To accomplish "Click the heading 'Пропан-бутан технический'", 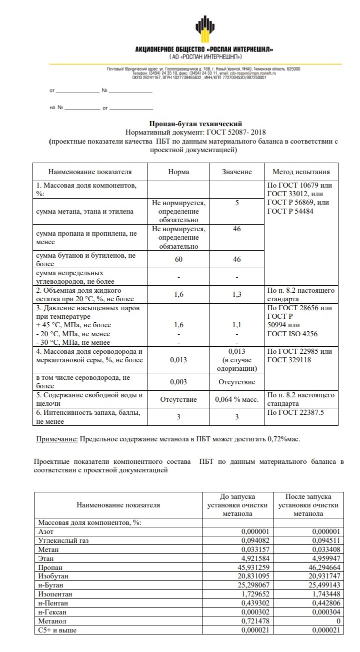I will click(195, 123).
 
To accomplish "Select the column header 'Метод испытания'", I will click(301, 172).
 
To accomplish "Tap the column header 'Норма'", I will click(178, 172).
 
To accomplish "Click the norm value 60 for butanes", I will click(178, 259).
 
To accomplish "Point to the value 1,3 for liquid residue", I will click(237, 295).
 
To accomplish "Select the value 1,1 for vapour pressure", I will click(237, 325).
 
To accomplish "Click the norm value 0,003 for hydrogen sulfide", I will click(178, 382).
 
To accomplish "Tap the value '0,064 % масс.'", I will click(237, 400).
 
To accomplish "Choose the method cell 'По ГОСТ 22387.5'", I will click(295, 412).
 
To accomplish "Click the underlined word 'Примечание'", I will click(57, 439).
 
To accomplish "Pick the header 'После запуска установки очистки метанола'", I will click(308, 505).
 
